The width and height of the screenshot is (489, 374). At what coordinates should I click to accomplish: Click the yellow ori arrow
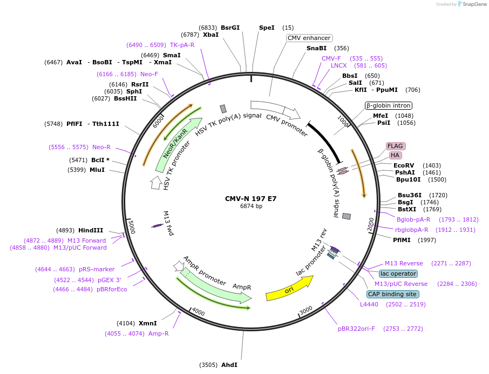289,289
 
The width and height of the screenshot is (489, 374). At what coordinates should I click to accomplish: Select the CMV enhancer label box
309,38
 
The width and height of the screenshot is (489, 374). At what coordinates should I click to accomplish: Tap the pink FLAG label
396,146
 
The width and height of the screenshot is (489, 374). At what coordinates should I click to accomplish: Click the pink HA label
395,156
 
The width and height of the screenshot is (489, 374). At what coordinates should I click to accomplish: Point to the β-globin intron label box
389,105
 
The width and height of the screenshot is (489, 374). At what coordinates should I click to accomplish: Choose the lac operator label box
398,273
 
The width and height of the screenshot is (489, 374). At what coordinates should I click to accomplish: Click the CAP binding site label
392,295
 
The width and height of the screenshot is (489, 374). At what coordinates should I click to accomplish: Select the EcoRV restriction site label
404,165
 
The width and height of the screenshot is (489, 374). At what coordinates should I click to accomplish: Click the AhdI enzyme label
229,365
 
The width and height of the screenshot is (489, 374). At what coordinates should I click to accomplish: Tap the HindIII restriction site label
91,230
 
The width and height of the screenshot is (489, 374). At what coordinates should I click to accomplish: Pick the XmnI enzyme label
148,323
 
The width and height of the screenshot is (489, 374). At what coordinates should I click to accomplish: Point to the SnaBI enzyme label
316,48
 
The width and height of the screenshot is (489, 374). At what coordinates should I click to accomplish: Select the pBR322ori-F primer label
356,329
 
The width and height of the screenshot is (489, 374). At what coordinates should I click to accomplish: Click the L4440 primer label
370,304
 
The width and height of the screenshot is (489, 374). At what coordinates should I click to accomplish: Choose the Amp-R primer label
159,333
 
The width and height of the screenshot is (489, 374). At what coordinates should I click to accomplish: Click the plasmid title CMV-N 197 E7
250,198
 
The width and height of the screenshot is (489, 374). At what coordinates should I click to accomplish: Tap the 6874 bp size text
251,206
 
